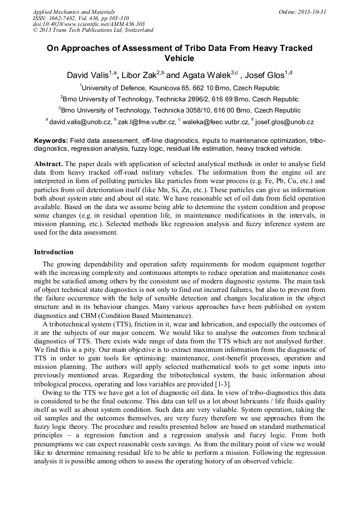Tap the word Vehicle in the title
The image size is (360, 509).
179,58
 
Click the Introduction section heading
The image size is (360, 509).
54,252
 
